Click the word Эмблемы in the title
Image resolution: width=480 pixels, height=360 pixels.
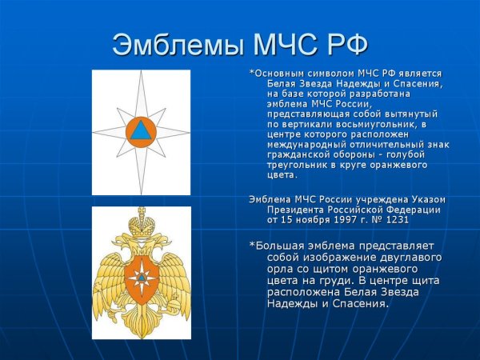pos(166,44)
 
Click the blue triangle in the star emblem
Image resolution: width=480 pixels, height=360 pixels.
pos(141,130)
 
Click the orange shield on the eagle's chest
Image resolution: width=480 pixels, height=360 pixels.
pos(141,276)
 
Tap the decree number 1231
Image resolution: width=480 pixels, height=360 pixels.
pos(386,218)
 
